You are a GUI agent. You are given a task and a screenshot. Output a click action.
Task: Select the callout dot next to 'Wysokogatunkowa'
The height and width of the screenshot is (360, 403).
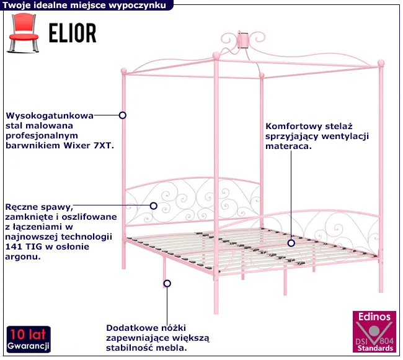[123, 115]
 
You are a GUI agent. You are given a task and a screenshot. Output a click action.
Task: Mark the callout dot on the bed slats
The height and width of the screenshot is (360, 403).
[291, 243]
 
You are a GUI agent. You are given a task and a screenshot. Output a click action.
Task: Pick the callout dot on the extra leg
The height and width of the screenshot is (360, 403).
[166, 284]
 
